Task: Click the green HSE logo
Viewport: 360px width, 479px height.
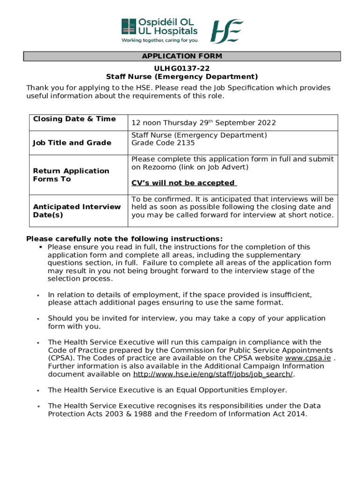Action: (x=227, y=31)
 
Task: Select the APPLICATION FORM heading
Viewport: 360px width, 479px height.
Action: (x=182, y=57)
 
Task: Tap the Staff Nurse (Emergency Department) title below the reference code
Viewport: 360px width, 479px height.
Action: (x=182, y=77)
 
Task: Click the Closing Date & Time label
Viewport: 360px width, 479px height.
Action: (x=74, y=119)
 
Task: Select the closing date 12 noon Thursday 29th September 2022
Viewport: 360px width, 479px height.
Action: (x=203, y=123)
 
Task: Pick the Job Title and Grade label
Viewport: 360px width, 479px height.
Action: (x=72, y=143)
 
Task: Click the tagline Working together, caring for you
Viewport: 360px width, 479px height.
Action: (x=159, y=40)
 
